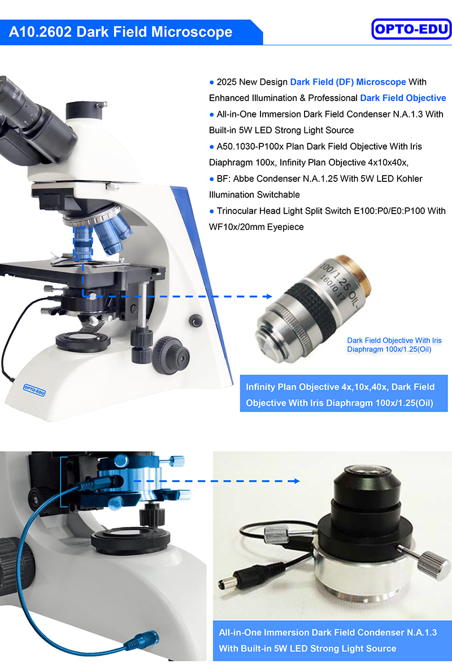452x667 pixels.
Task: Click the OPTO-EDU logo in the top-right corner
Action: point(411,29)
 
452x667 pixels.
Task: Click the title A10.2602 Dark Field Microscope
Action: point(120,32)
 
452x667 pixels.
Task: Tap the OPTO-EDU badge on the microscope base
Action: point(34,389)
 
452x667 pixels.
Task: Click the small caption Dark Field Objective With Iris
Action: point(398,341)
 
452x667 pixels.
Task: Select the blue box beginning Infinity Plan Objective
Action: point(344,395)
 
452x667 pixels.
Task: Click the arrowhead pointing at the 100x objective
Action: point(269,296)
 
